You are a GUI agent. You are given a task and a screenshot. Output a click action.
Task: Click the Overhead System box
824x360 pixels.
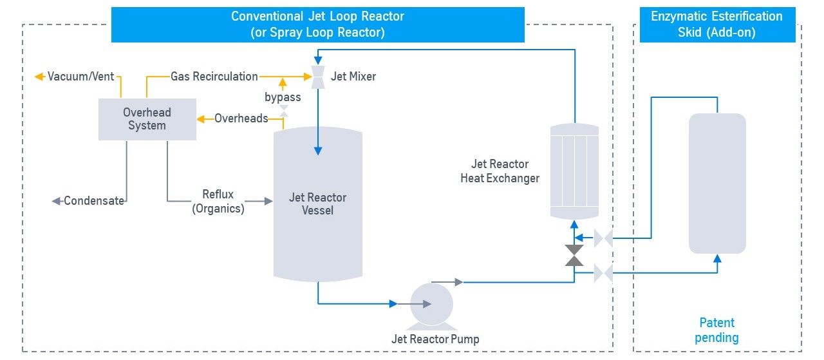pyautogui.click(x=147, y=119)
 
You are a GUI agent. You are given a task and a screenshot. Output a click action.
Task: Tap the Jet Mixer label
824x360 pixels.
pyautogui.click(x=353, y=77)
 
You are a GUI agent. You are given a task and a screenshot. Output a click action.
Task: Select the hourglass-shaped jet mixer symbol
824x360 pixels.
pyautogui.click(x=318, y=77)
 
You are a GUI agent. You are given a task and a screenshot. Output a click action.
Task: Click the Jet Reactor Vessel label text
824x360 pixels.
pyautogui.click(x=317, y=204)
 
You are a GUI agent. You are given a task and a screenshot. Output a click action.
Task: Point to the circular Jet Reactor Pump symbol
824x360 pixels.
pyautogui.click(x=431, y=305)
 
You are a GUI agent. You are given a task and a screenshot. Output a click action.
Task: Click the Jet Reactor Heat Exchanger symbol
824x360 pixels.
pyautogui.click(x=574, y=171)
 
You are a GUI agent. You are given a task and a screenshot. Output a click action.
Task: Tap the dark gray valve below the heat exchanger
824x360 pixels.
pyautogui.click(x=574, y=255)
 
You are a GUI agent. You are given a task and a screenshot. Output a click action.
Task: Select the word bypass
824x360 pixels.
pyautogui.click(x=283, y=97)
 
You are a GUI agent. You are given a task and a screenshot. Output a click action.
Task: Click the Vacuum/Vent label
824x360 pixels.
pyautogui.click(x=81, y=77)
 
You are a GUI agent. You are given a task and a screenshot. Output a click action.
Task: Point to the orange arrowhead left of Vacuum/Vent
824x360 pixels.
pyautogui.click(x=39, y=77)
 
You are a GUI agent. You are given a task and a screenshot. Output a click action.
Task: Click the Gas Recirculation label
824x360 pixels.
pyautogui.click(x=214, y=77)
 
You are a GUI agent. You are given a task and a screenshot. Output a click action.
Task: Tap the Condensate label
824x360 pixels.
pyautogui.click(x=94, y=201)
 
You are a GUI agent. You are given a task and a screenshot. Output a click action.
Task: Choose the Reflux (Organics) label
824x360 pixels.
pyautogui.click(x=218, y=202)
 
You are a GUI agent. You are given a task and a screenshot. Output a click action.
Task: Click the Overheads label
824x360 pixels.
pyautogui.click(x=241, y=118)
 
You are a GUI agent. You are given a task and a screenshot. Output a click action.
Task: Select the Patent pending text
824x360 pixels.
pyautogui.click(x=716, y=330)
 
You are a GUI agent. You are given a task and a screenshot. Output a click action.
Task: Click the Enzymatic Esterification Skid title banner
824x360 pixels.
pyautogui.click(x=717, y=24)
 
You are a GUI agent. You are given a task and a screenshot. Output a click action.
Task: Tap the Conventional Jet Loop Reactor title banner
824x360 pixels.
pyautogui.click(x=318, y=24)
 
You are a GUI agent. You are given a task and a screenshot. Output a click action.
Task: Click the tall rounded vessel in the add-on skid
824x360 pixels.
pyautogui.click(x=717, y=184)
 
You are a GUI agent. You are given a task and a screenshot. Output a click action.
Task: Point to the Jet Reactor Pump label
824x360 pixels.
pyautogui.click(x=435, y=339)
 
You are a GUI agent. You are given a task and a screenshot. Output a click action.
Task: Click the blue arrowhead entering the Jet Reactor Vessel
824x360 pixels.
pyautogui.click(x=318, y=151)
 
